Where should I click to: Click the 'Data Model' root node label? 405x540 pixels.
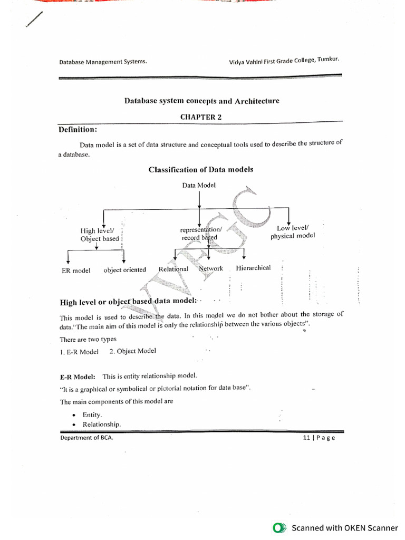[199, 185]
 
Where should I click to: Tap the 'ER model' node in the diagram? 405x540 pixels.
[76, 271]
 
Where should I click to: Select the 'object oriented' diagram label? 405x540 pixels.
[124, 270]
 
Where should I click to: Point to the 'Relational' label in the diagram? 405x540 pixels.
[173, 269]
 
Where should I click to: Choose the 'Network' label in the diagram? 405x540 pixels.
[211, 268]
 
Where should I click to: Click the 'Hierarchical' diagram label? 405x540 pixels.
[253, 268]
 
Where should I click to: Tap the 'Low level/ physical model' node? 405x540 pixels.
[293, 232]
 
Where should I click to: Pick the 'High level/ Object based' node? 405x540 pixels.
[100, 235]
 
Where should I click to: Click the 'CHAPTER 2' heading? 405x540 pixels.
[201, 117]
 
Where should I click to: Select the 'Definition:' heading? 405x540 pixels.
[78, 129]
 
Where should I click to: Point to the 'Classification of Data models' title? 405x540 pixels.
[200, 169]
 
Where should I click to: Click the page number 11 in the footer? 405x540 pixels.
[306, 438]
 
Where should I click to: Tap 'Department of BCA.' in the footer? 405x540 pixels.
[86, 438]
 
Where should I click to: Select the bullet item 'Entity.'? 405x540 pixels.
[92, 415]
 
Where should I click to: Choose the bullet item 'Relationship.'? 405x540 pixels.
[101, 425]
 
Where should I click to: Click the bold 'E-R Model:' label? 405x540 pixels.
[78, 377]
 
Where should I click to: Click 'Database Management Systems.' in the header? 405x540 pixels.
[103, 62]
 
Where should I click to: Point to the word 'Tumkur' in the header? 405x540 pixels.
[328, 60]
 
